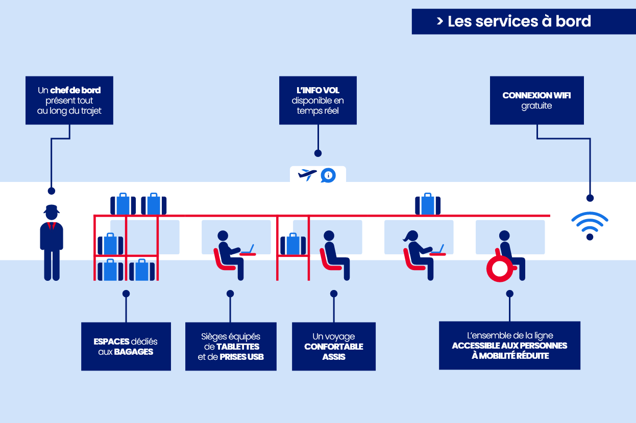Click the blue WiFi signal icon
tap(590, 225)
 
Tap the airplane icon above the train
tap(307, 175)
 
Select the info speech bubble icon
tap(328, 175)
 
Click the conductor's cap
tap(52, 209)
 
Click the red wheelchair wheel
tap(499, 268)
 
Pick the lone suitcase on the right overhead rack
tap(428, 204)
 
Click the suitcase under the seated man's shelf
tap(293, 244)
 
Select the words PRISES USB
tap(241, 357)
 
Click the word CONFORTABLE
tap(334, 347)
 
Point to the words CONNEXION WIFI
tap(536, 95)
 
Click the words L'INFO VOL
tap(317, 90)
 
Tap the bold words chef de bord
tap(76, 90)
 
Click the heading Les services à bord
tap(519, 21)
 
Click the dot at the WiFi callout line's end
tap(590, 198)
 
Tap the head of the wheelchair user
tap(504, 235)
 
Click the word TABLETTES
tap(238, 347)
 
